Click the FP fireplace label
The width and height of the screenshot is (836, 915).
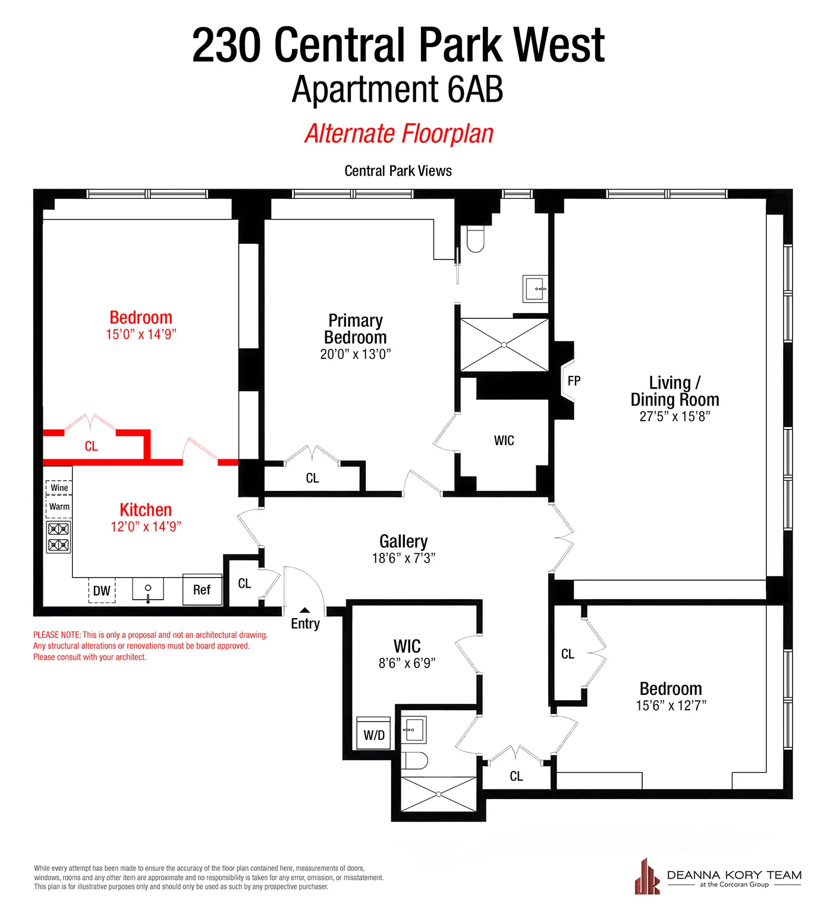(574, 381)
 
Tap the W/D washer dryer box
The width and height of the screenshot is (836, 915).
(373, 734)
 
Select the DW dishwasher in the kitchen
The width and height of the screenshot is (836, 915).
(102, 590)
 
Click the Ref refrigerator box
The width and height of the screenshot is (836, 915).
(202, 590)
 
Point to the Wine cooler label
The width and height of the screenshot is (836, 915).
(59, 488)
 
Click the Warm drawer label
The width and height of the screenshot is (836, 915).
(59, 506)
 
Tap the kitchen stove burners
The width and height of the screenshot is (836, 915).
(58, 537)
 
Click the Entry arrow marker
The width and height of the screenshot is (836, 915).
(304, 610)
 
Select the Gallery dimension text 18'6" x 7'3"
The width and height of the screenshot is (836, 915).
(404, 558)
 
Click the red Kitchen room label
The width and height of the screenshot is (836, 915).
(146, 510)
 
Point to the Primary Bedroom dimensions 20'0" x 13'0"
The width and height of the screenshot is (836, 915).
(355, 354)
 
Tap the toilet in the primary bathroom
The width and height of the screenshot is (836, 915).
(475, 239)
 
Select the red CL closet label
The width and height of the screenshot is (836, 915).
(91, 446)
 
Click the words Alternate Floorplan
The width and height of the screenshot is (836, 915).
(399, 134)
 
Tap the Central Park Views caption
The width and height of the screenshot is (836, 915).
(398, 171)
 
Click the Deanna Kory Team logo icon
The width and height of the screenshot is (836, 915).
(647, 877)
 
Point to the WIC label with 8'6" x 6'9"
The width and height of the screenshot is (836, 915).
(407, 647)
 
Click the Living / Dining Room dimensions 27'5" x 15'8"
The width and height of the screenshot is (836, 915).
(675, 416)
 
